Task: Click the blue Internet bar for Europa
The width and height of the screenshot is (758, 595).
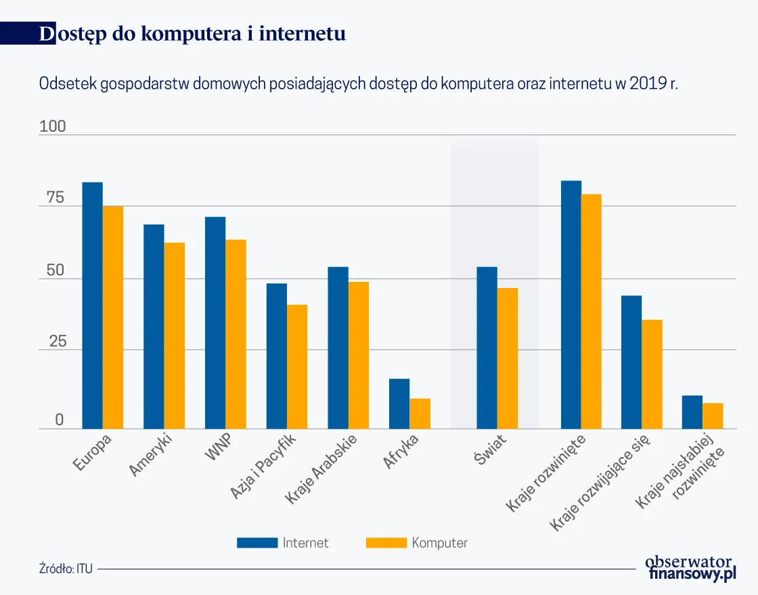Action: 93,306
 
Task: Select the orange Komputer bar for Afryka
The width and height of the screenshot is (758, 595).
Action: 420,414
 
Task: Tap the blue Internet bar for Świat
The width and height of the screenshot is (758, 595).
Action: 487,348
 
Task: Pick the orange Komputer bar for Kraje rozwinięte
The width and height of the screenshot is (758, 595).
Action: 591,312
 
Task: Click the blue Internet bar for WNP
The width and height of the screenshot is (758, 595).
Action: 215,323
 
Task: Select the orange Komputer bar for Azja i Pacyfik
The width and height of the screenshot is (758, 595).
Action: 297,366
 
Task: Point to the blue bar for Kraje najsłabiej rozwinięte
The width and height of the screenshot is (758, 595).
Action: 692,412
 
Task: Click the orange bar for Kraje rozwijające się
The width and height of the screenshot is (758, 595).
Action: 652,374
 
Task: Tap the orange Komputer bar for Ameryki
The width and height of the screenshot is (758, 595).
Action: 175,335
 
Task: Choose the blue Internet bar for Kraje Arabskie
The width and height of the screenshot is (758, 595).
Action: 338,348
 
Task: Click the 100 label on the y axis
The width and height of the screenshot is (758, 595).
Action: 53,126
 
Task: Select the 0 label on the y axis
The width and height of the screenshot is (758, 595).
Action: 60,420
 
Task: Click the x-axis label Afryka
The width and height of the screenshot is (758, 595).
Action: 402,451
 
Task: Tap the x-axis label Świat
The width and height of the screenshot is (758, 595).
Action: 489,452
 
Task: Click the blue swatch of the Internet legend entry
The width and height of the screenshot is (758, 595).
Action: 257,543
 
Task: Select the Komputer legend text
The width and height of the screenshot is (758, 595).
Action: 439,543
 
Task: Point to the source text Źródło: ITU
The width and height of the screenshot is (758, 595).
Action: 66,569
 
